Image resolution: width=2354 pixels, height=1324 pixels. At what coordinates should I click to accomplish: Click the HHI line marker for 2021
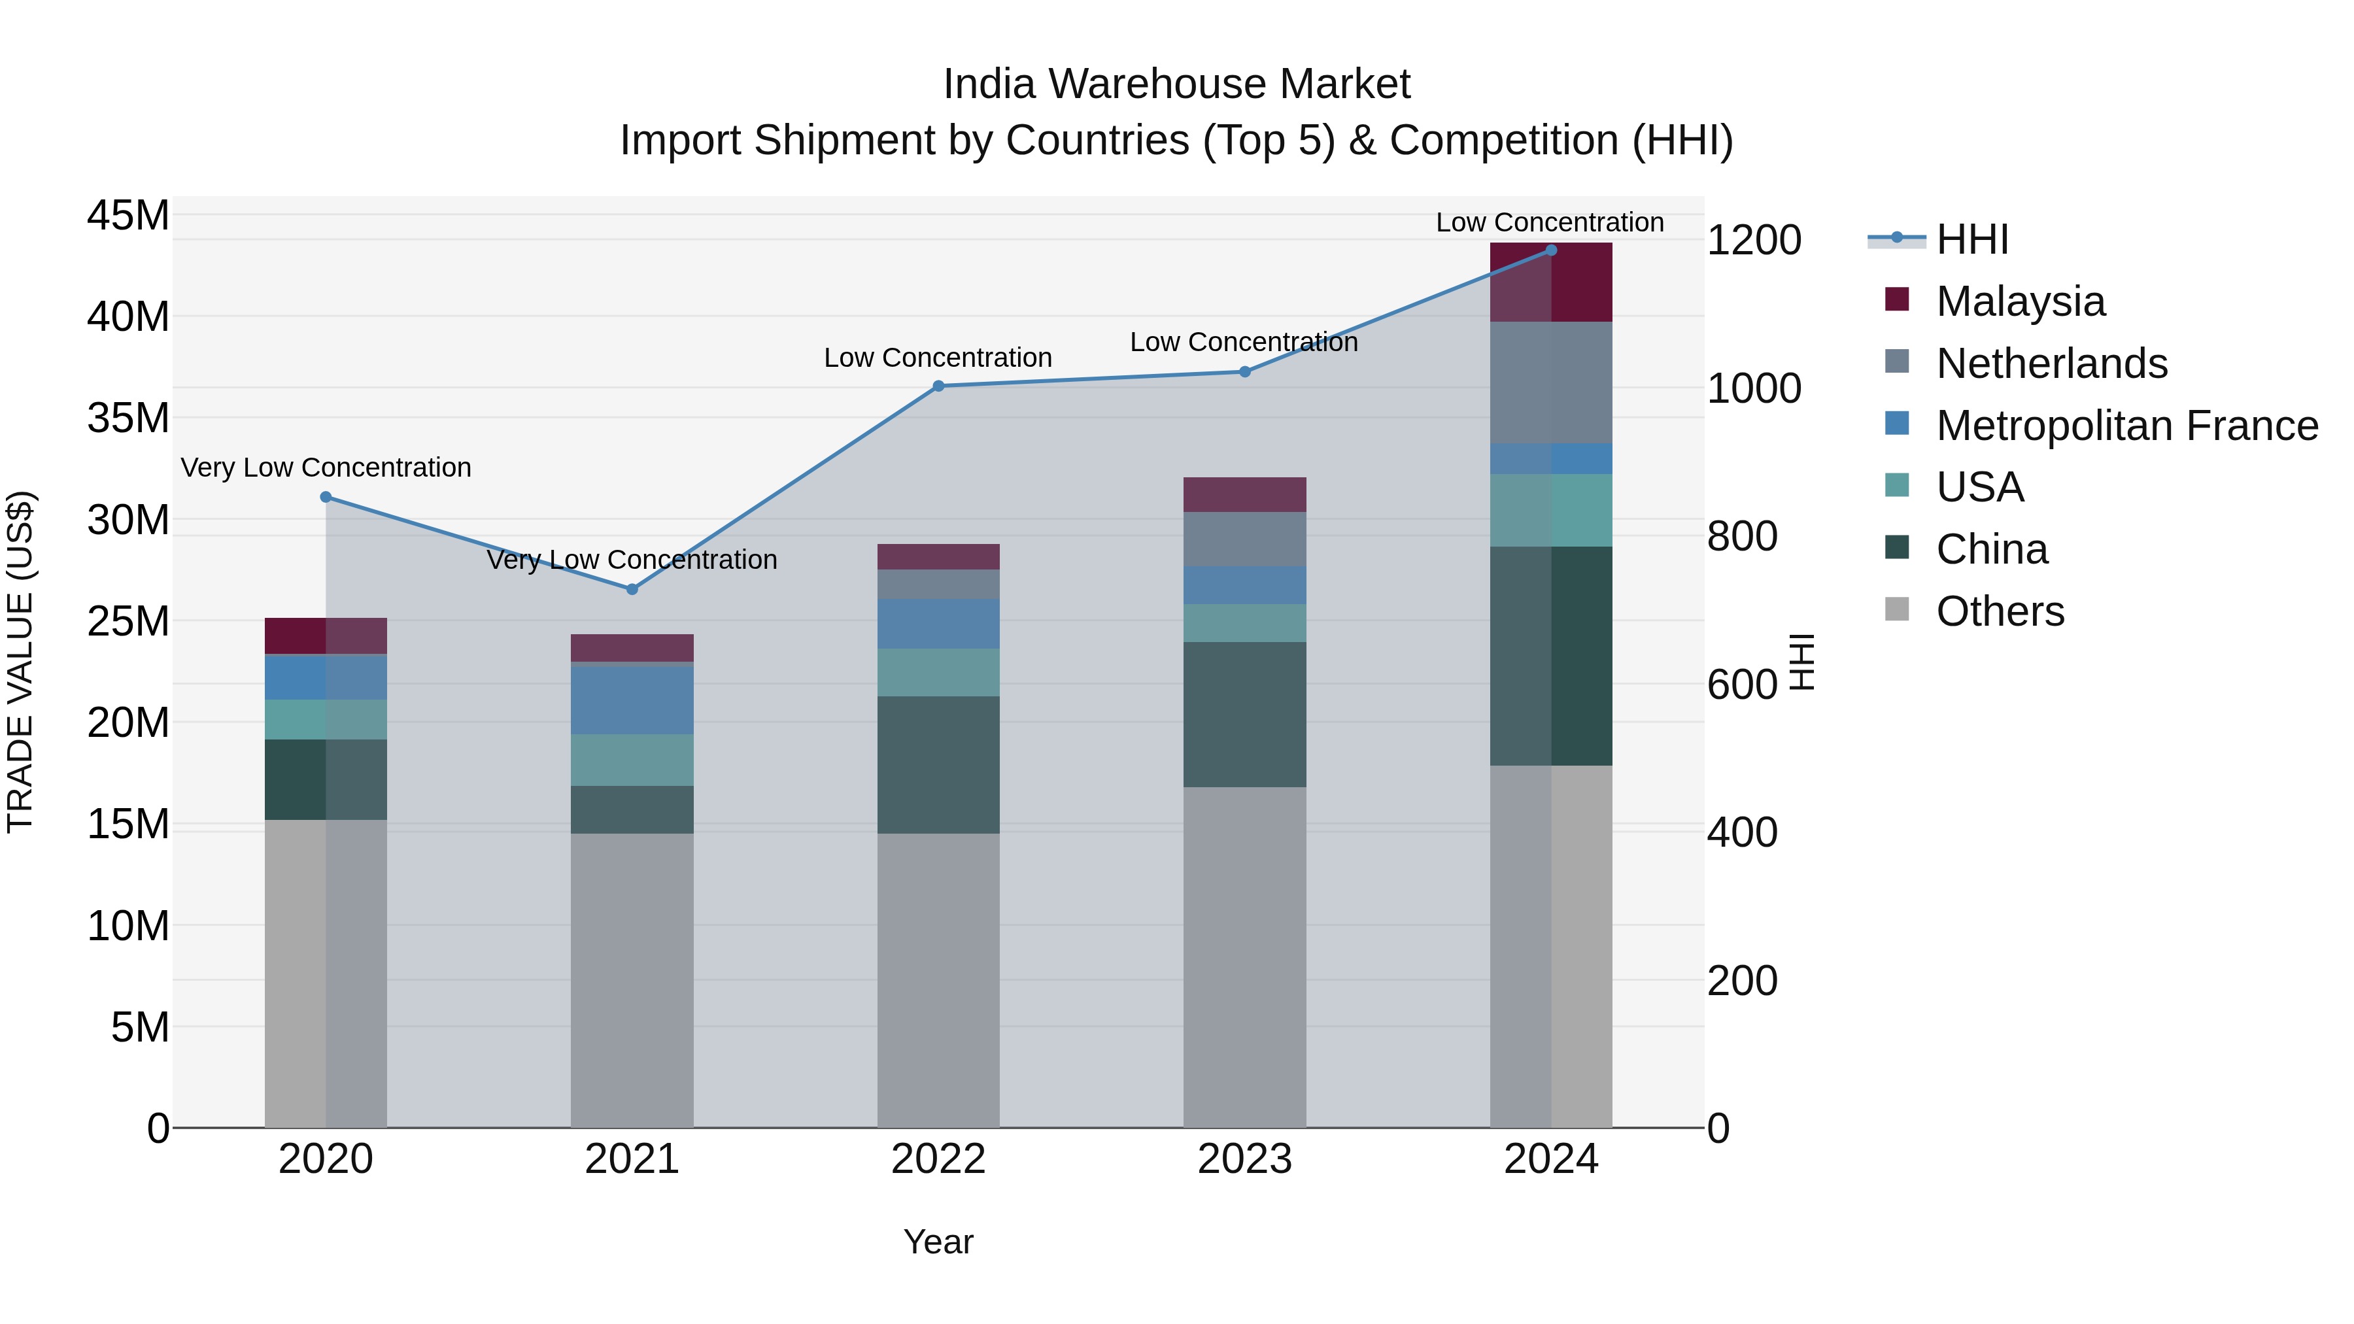pos(632,589)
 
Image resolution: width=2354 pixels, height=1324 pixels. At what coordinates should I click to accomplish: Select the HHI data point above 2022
pos(938,386)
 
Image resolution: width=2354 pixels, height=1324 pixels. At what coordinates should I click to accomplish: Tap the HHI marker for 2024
pos(1551,250)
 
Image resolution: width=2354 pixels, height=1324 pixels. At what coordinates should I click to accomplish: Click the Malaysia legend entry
pos(2020,301)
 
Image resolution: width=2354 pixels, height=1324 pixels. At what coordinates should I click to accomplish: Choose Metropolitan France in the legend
pos(2126,426)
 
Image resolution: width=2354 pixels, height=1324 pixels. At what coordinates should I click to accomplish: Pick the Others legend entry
pos(2000,611)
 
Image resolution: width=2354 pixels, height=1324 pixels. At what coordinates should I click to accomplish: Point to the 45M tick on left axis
pos(128,216)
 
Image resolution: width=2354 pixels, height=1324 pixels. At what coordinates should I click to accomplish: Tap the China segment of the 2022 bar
pos(938,765)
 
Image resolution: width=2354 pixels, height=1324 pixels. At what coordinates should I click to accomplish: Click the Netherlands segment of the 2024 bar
pos(1551,382)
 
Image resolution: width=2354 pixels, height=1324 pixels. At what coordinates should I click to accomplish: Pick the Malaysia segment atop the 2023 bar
pos(1244,494)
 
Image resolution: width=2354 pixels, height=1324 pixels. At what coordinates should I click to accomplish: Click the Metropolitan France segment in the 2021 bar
pos(632,700)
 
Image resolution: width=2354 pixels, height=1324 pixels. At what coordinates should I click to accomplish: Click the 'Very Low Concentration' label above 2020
pos(326,468)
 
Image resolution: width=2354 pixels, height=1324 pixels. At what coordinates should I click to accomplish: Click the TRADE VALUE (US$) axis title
pos(20,662)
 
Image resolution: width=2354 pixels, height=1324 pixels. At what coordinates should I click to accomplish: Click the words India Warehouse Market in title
pos(1176,84)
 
